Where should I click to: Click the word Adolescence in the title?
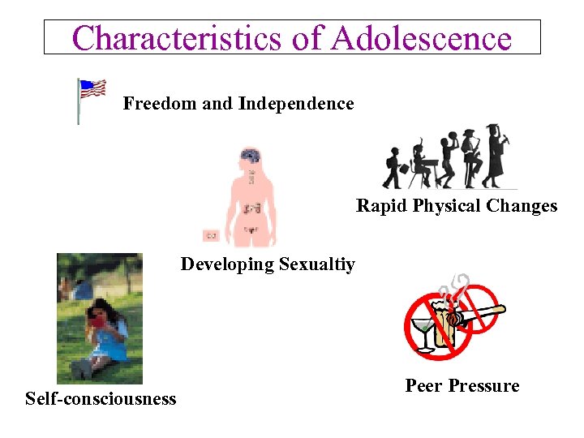421,37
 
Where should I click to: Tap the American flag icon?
92,91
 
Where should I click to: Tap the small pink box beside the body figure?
211,235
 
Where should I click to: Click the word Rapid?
381,206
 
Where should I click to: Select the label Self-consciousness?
101,398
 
